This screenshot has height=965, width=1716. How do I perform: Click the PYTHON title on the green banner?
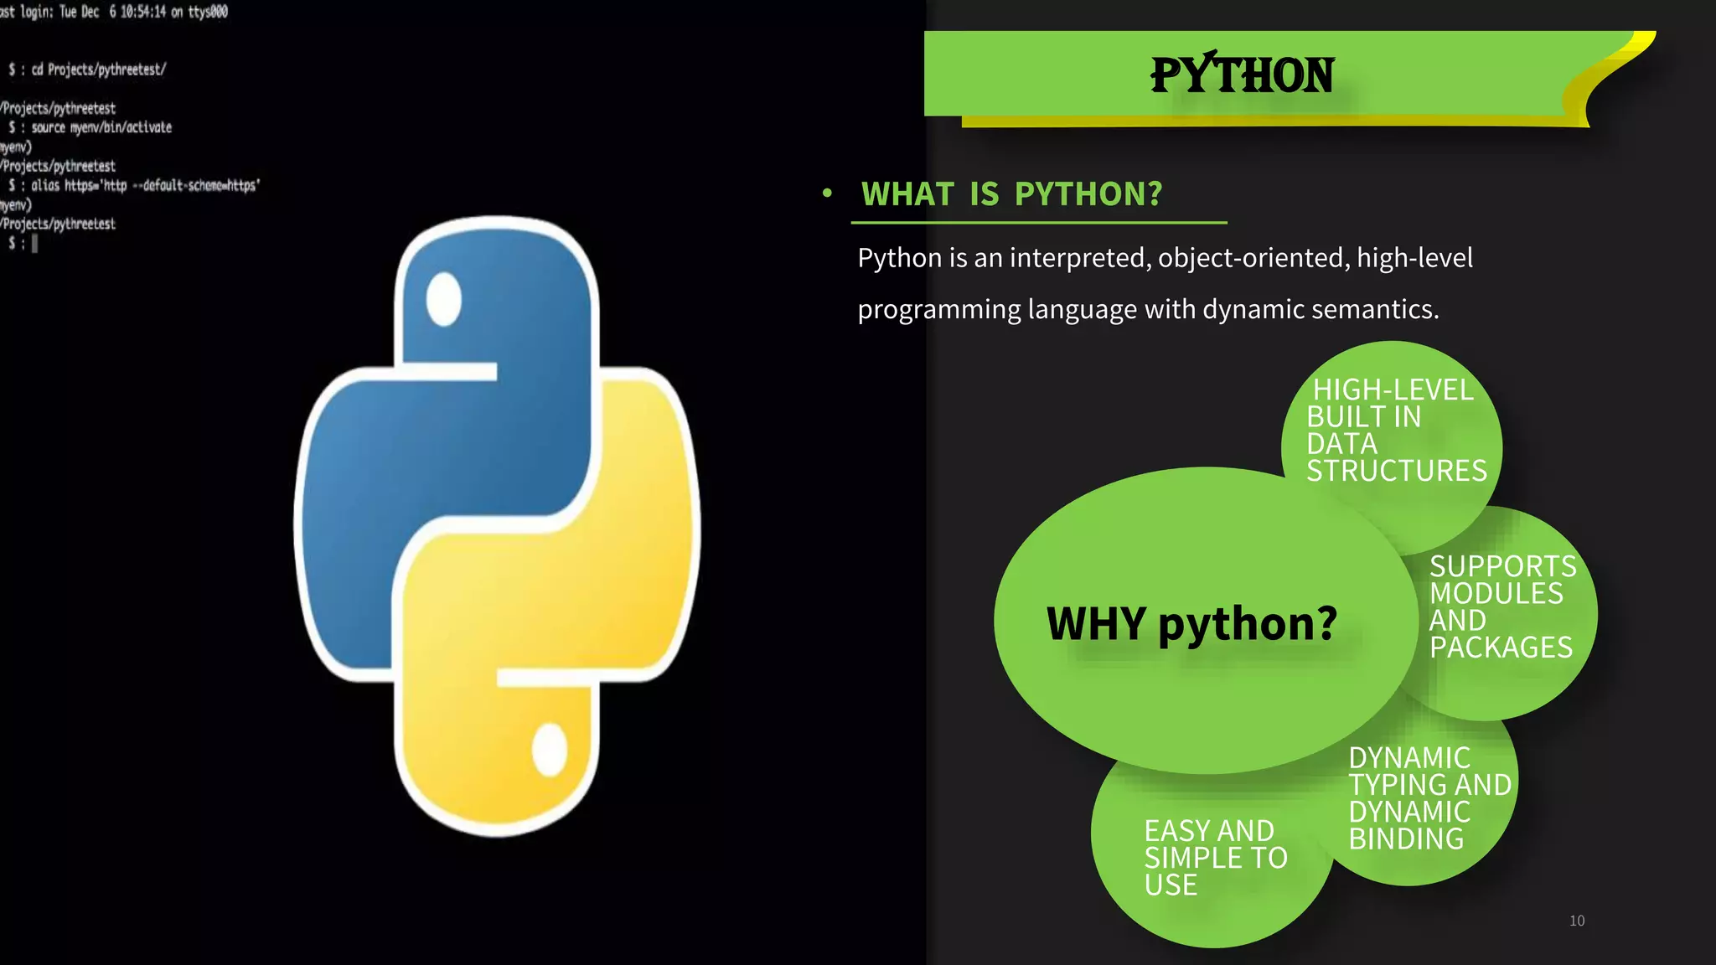tap(1242, 75)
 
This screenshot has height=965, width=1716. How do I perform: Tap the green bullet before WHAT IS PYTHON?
tap(827, 194)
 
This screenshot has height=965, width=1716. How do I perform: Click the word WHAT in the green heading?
tap(907, 194)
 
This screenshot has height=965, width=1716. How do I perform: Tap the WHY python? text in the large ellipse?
tap(1191, 624)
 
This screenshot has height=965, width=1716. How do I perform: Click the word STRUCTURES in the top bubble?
tap(1397, 471)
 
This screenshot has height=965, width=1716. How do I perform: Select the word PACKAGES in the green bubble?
tap(1501, 648)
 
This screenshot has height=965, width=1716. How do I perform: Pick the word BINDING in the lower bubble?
tap(1406, 839)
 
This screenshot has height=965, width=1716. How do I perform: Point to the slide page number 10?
tap(1577, 921)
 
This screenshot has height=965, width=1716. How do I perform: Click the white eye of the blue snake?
tap(443, 299)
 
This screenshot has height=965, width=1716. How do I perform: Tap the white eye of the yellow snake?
tap(550, 749)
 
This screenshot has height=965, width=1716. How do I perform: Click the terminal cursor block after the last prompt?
tap(34, 244)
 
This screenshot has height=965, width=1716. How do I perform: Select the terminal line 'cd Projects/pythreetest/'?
tap(99, 70)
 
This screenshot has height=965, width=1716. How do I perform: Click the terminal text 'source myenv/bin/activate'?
tap(101, 127)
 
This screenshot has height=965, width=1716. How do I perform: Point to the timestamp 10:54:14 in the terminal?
tap(142, 12)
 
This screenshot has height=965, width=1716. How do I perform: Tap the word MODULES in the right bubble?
tap(1496, 594)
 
